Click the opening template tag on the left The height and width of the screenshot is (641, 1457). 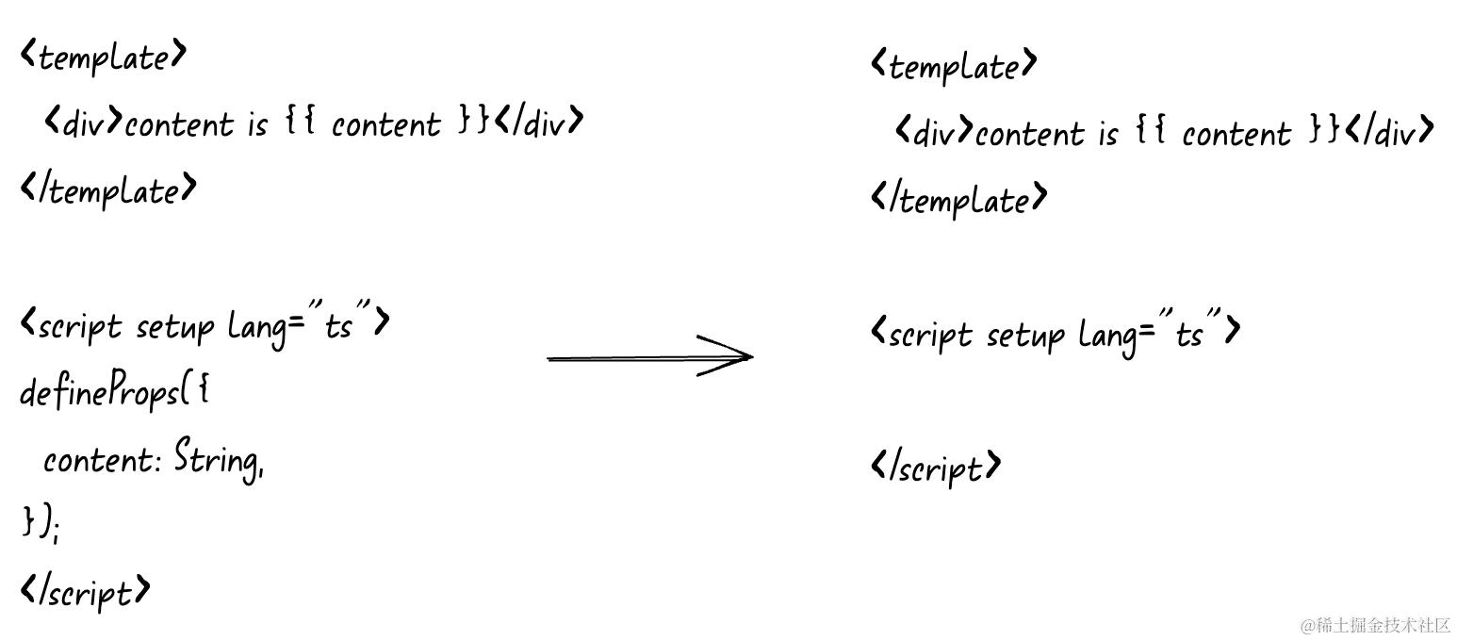pyautogui.click(x=104, y=57)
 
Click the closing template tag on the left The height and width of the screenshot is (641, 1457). pyautogui.click(x=108, y=190)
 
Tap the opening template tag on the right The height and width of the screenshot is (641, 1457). pyautogui.click(x=954, y=66)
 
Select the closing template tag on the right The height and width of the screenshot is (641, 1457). pyautogui.click(x=958, y=199)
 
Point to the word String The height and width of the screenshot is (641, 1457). pyautogui.click(x=217, y=459)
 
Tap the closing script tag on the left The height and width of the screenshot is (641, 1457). pyautogui.click(x=85, y=592)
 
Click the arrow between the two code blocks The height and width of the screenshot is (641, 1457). pyautogui.click(x=649, y=356)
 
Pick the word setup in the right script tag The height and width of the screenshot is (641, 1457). pyautogui.click(x=1025, y=336)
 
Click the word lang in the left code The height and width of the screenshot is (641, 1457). pyautogui.click(x=257, y=329)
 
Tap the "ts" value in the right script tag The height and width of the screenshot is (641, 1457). pyautogui.click(x=1190, y=329)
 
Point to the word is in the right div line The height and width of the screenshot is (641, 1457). pyautogui.click(x=1108, y=133)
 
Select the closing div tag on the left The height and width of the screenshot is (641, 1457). pyautogui.click(x=538, y=121)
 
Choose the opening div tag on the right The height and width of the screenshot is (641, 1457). pyautogui.click(x=934, y=130)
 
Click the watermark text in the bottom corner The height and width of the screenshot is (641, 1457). pyautogui.click(x=1375, y=625)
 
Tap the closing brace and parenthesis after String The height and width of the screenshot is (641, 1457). pyautogui.click(x=38, y=522)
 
